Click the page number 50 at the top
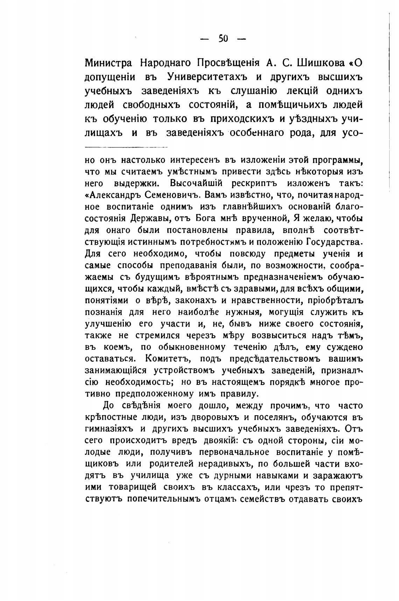point(223,39)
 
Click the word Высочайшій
point(197,183)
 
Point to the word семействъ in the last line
point(261,499)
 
